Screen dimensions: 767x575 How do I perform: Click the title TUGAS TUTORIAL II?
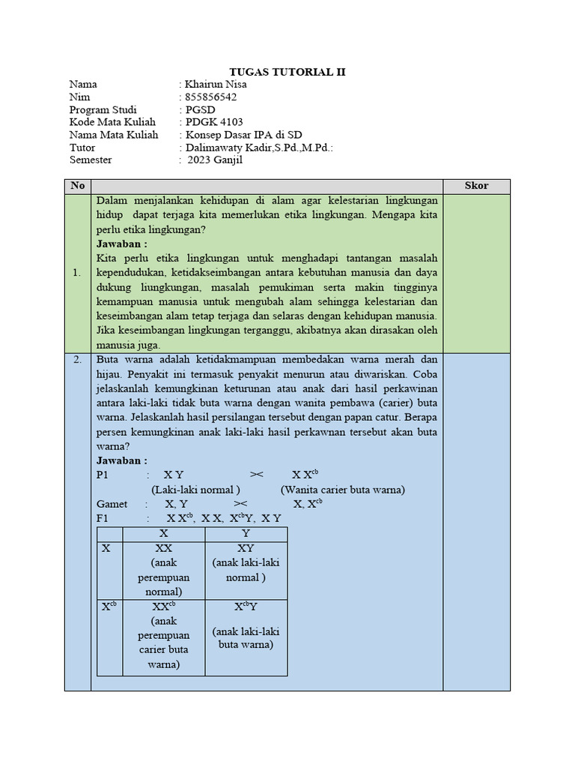(x=287, y=71)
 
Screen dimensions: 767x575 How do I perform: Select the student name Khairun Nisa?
(x=216, y=84)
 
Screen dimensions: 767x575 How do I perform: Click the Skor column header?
(x=476, y=186)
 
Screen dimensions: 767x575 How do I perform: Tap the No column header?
(x=77, y=186)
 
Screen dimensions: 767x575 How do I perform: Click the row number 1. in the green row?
(x=77, y=273)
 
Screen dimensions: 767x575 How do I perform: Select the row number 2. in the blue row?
(x=77, y=360)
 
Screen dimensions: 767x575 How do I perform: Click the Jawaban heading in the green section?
(x=122, y=244)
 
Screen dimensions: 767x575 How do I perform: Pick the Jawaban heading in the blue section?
(x=122, y=461)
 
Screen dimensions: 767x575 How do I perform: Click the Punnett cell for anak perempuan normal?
(x=163, y=570)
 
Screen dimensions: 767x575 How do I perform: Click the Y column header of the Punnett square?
(x=246, y=533)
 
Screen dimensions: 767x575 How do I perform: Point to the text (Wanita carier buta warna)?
(x=343, y=490)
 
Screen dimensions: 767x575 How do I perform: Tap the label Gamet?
(x=112, y=504)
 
